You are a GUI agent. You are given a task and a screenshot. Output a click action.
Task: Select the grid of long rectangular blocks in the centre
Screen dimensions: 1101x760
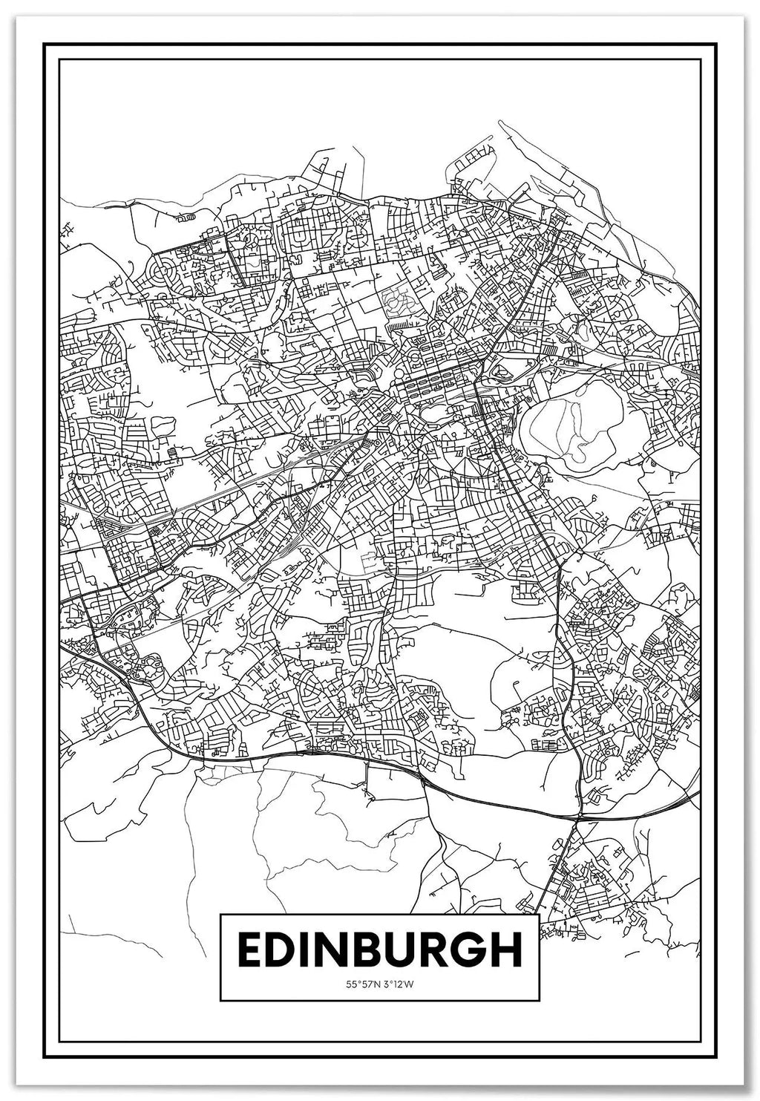pyautogui.click(x=438, y=386)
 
